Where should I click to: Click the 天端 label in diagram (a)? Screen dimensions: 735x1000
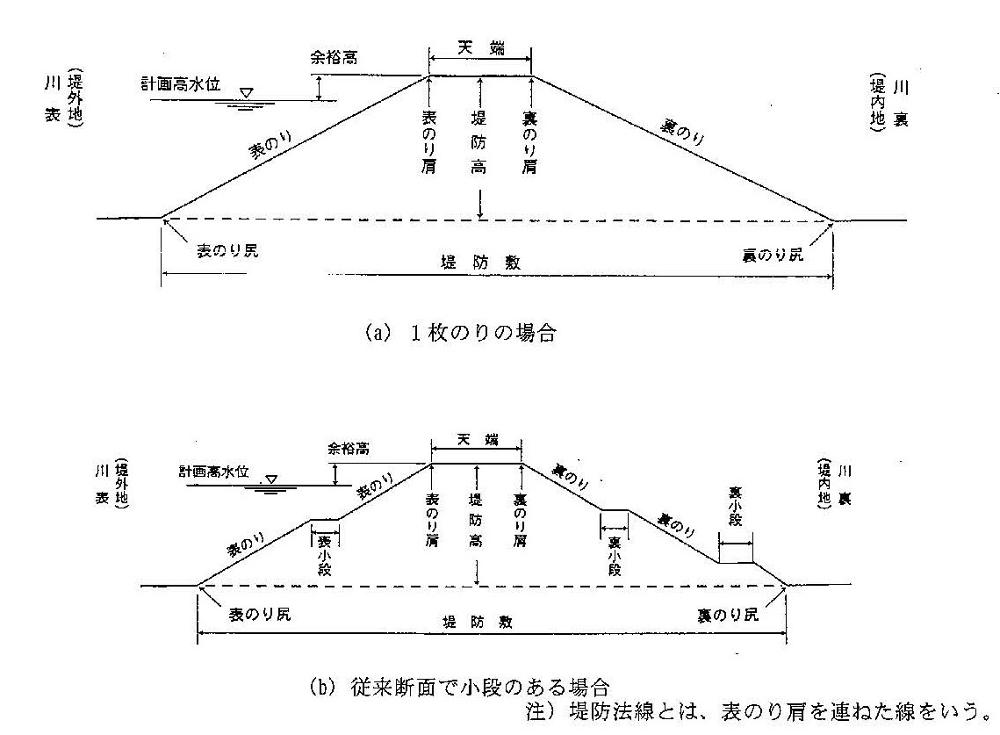click(479, 50)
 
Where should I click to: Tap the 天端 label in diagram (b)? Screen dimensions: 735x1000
click(475, 440)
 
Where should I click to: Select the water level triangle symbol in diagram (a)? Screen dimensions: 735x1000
click(248, 91)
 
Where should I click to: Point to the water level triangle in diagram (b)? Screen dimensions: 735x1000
click(271, 479)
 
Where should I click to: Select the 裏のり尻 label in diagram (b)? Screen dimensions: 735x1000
click(726, 615)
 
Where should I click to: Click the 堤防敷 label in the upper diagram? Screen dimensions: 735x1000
click(478, 263)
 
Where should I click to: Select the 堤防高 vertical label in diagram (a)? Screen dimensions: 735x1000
click(479, 141)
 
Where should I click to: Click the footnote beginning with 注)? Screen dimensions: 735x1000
click(757, 709)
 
